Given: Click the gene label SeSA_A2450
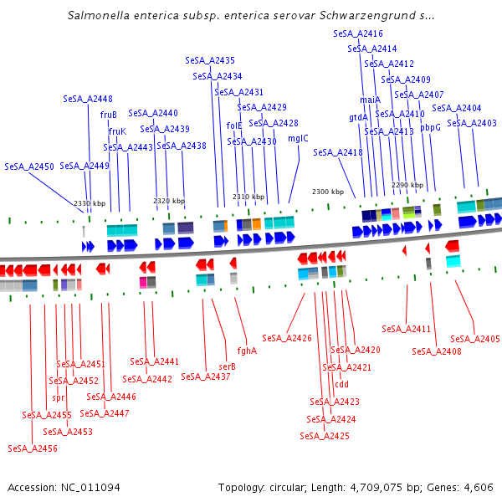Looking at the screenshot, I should click(x=29, y=166).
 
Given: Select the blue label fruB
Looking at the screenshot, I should click(x=109, y=115).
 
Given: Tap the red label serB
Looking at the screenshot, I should click(x=227, y=366).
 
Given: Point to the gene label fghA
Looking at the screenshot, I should click(x=247, y=351).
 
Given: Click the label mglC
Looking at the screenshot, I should click(x=298, y=138).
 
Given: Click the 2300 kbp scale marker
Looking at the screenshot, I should click(x=328, y=192).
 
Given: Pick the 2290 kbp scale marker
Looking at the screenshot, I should click(x=407, y=185).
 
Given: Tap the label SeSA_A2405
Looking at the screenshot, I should click(x=475, y=339).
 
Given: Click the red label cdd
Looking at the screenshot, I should click(x=341, y=385).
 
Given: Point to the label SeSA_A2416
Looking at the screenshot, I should click(x=358, y=33).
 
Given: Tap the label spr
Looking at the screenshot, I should click(x=58, y=398).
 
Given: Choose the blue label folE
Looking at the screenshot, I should click(x=234, y=125).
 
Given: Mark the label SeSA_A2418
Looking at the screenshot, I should click(x=338, y=152).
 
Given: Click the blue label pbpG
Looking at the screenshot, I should click(x=430, y=127).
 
